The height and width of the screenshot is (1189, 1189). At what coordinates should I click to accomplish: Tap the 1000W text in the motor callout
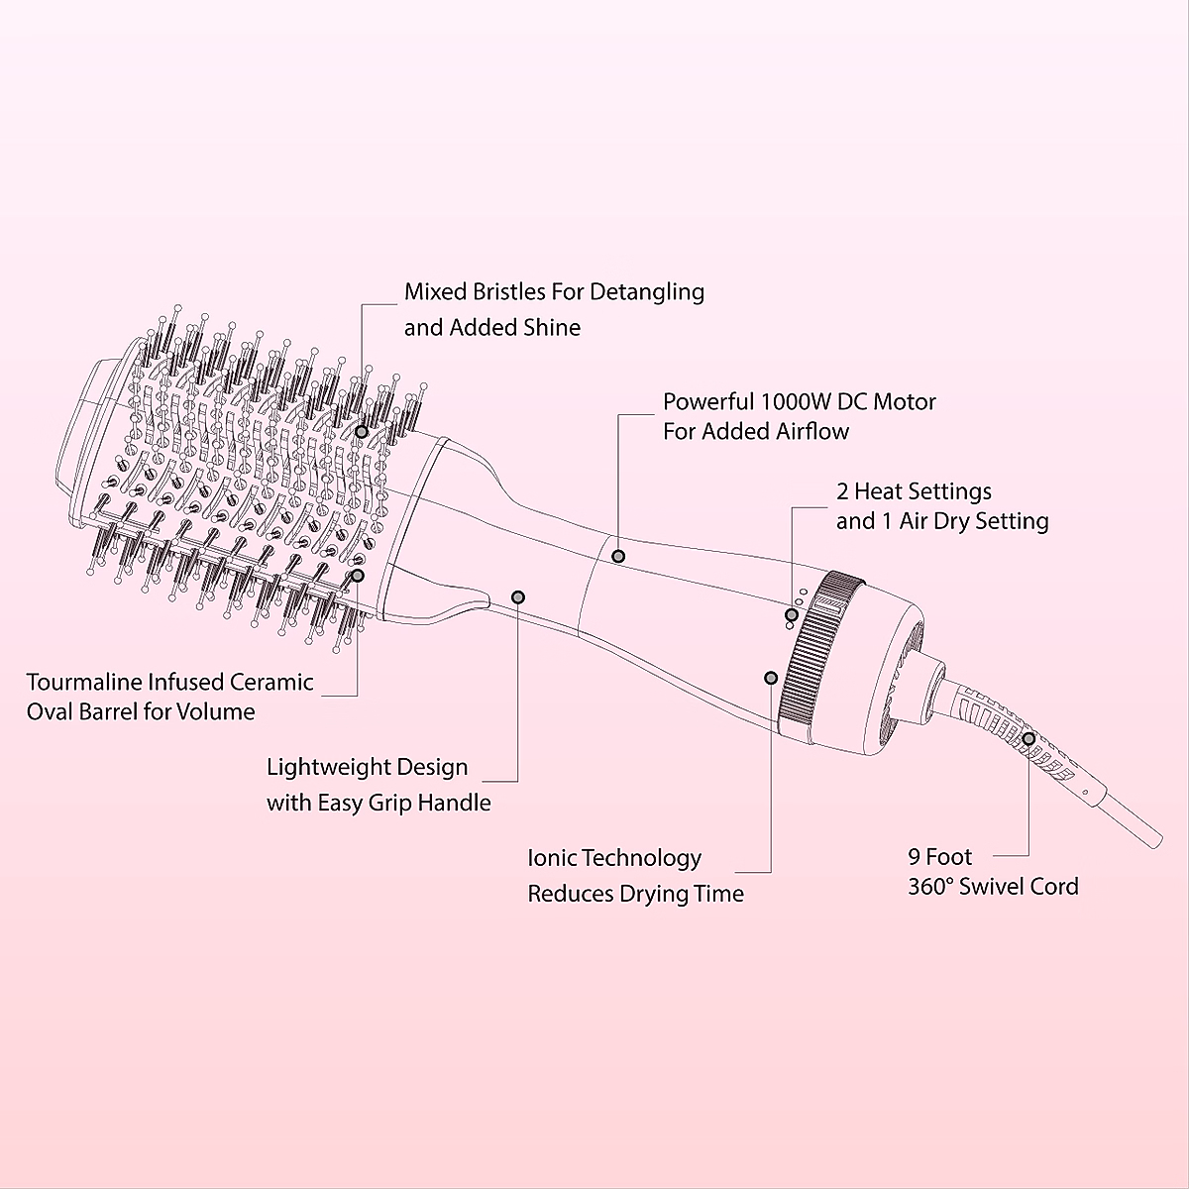(794, 402)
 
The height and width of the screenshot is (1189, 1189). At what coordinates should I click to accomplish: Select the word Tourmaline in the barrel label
(88, 683)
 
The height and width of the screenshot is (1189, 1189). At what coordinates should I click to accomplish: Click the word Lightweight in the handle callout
(331, 768)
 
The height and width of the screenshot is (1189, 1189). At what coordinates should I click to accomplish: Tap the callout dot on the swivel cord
(1029, 738)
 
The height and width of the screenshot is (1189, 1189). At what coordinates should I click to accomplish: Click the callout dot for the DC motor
(618, 556)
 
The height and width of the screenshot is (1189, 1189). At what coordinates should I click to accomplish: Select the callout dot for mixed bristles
(362, 432)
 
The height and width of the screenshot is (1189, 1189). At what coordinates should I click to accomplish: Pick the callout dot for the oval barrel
(357, 575)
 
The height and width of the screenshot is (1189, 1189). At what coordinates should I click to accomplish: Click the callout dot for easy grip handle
(518, 596)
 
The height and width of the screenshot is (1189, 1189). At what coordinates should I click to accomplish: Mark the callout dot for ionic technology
(770, 678)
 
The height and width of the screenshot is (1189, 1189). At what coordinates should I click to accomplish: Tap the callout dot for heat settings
(791, 615)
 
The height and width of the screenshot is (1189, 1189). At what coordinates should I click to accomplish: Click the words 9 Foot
(940, 857)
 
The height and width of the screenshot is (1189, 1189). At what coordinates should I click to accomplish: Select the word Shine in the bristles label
(549, 328)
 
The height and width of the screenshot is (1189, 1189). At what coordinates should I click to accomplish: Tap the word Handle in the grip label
(454, 804)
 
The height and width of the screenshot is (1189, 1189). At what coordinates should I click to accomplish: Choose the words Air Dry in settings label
(926, 521)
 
